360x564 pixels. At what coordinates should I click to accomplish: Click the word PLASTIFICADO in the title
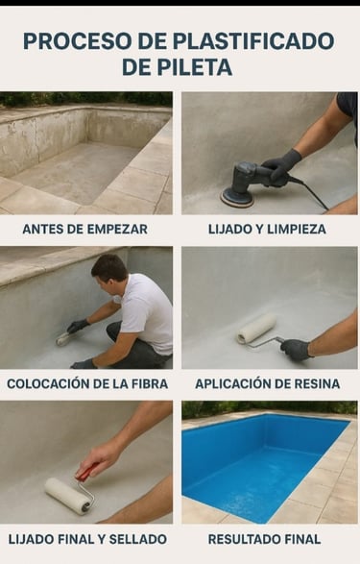point(254,41)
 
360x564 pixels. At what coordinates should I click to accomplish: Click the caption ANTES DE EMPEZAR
point(84,229)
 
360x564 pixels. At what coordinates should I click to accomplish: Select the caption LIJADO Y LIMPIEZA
point(267,229)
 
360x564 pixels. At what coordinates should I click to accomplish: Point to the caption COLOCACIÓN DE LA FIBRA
point(87,383)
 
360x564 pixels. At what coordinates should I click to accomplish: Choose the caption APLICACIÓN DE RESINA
point(267,383)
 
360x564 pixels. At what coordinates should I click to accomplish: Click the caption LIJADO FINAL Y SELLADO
point(87,539)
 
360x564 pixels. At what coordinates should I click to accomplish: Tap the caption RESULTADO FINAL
point(264,539)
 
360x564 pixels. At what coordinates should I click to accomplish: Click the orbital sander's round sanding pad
point(236,196)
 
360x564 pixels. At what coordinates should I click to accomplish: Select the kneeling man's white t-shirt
point(146,312)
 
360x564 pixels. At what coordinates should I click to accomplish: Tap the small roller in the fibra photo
point(63,338)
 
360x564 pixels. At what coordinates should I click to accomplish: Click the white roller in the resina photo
point(256,330)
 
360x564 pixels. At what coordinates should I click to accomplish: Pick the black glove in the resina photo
point(296,349)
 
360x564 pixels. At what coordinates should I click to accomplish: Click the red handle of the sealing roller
point(86,470)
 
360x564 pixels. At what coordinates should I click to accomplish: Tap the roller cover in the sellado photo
point(68,494)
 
